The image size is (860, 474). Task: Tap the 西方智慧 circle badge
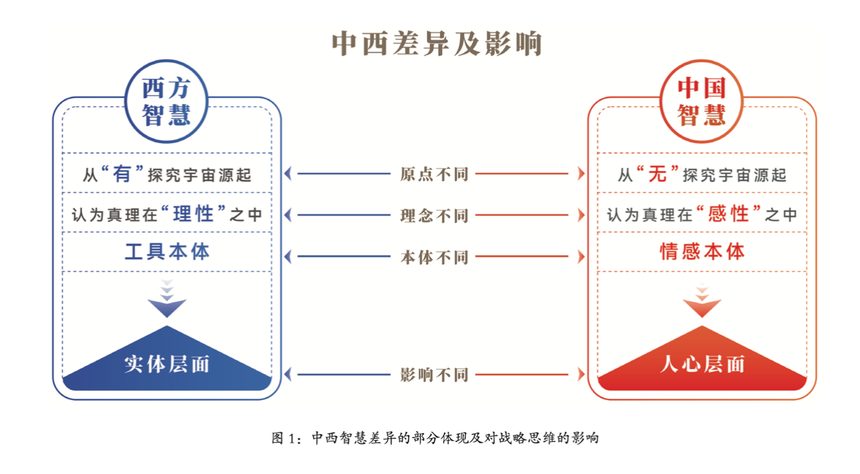point(166,102)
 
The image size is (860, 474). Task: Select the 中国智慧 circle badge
point(701,102)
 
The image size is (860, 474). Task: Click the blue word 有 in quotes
point(122,174)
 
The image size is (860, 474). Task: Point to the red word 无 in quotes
point(657,174)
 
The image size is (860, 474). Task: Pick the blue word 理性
point(193,215)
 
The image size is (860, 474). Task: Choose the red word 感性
point(729,215)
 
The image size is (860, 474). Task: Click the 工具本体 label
point(167,252)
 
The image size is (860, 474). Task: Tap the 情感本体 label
point(702,252)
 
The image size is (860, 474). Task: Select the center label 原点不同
point(434,174)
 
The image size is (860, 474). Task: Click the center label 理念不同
point(434,216)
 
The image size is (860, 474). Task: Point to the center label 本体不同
point(434,257)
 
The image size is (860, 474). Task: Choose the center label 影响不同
point(434,374)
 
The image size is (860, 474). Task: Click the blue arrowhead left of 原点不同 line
point(288,174)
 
